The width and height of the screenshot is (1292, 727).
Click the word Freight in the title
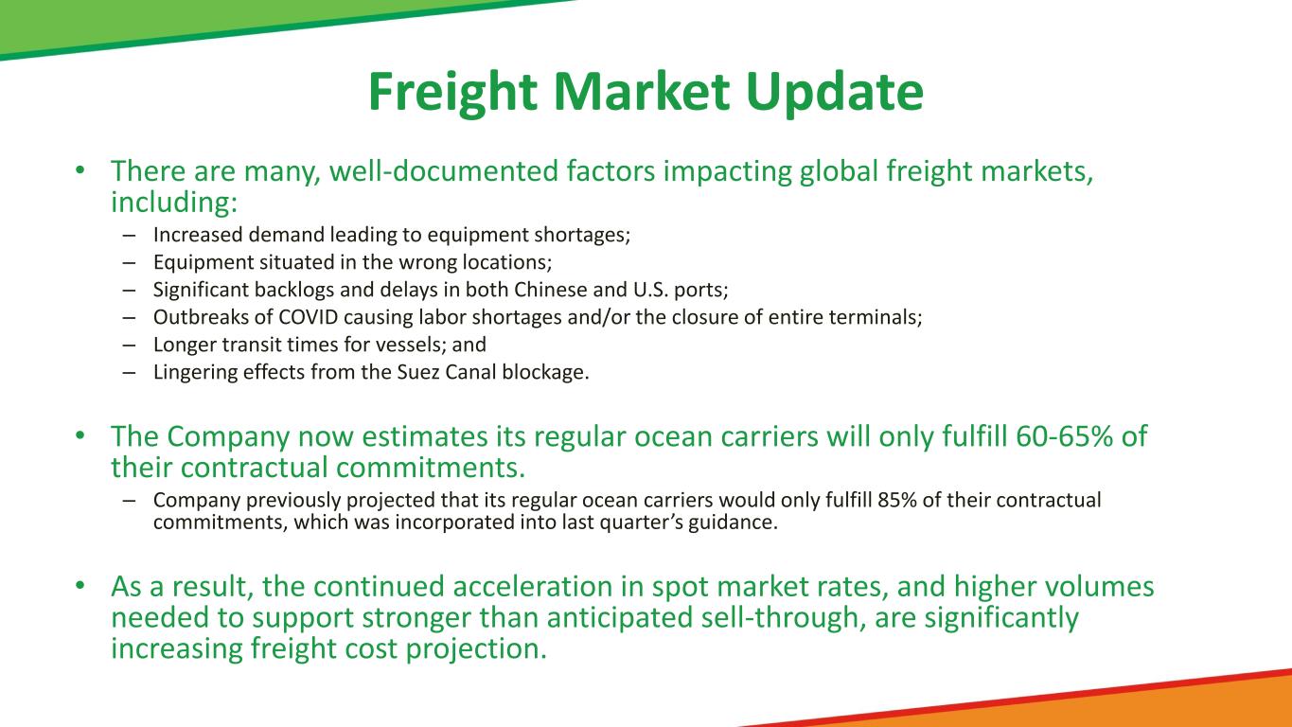coord(452,93)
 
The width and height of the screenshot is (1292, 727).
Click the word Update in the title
coord(835,93)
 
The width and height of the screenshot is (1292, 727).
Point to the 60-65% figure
coord(1064,436)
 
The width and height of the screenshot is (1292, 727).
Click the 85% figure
coord(897,500)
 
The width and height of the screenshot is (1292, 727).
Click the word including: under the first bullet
coord(174,203)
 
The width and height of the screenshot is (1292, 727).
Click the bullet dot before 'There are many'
coord(80,170)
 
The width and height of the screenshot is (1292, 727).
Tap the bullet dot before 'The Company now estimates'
coord(80,435)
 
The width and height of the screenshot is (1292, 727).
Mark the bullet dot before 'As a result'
coord(80,586)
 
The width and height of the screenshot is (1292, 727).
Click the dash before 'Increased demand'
coord(129,236)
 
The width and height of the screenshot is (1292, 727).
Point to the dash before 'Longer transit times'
coord(129,345)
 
